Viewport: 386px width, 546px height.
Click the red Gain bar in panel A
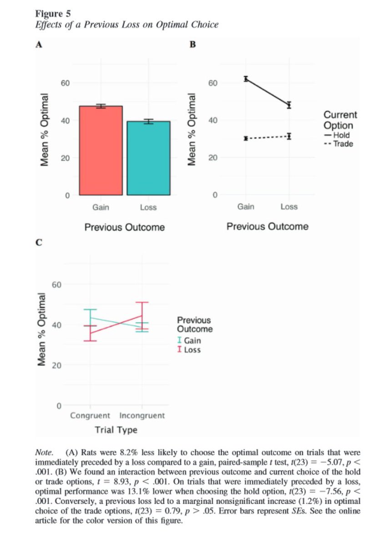101,151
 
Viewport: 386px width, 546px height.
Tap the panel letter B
192,44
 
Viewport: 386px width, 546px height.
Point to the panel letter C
39,243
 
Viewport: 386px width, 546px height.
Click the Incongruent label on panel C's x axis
142,415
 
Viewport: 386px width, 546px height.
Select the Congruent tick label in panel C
90,415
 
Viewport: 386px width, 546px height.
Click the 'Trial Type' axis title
116,430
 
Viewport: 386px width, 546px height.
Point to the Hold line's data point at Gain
246,79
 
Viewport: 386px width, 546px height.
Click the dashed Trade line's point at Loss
289,136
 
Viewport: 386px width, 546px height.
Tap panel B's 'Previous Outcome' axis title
267,227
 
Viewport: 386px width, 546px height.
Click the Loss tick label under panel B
289,207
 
